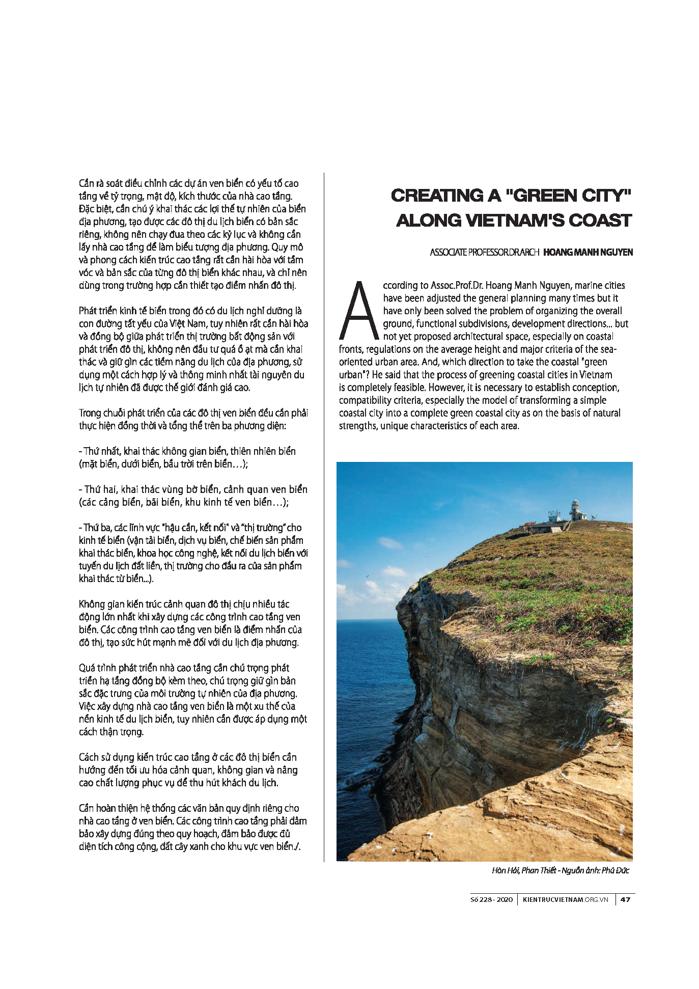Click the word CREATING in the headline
[437, 196]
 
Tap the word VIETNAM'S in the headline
[514, 221]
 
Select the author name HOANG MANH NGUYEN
[588, 252]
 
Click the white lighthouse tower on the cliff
[575, 509]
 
